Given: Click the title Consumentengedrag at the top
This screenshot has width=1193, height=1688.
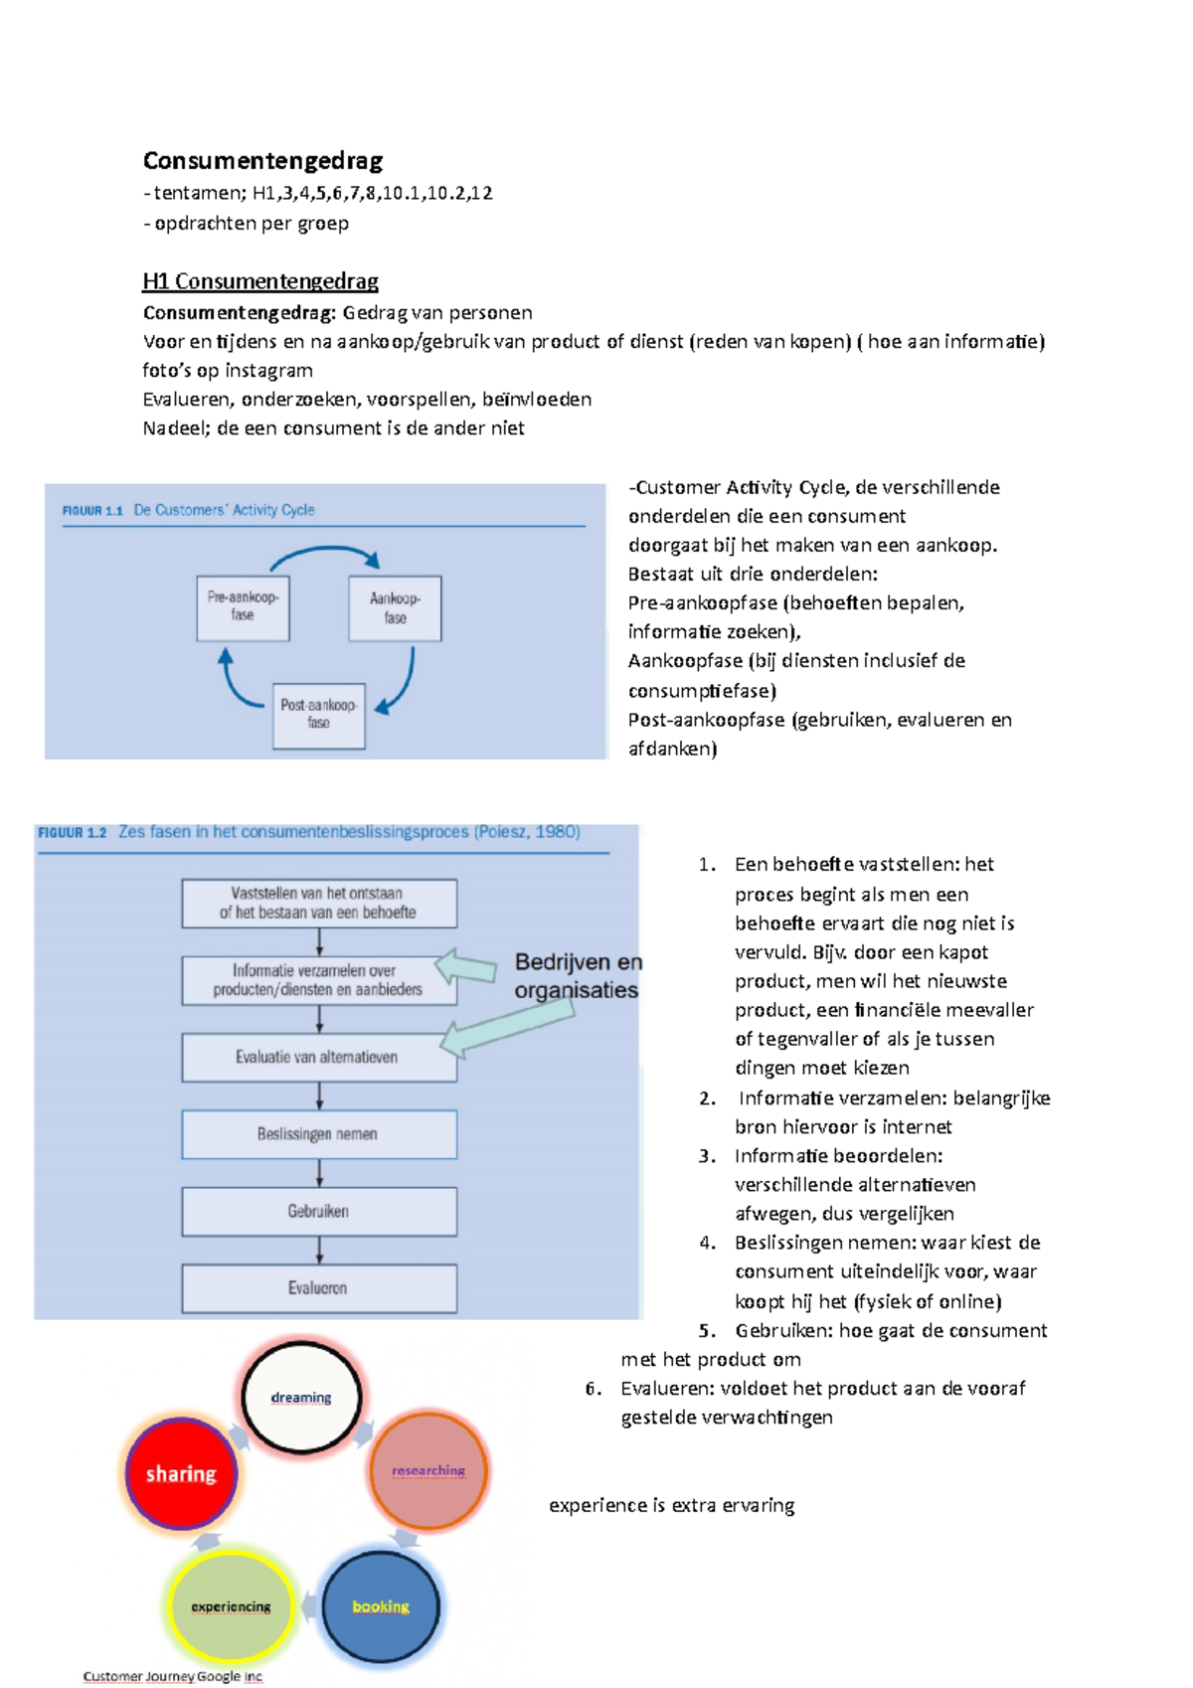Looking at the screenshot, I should pyautogui.click(x=262, y=160).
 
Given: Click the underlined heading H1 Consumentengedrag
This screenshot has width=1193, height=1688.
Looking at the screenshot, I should pyautogui.click(x=260, y=281).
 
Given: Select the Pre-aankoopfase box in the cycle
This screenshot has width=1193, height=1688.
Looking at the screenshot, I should pyautogui.click(x=243, y=607).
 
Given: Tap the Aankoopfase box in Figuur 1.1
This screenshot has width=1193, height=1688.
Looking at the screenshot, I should pyautogui.click(x=395, y=608).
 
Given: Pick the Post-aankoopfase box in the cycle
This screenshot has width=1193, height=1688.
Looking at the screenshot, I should pyautogui.click(x=318, y=715).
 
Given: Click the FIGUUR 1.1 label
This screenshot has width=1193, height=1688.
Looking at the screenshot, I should pyautogui.click(x=91, y=511).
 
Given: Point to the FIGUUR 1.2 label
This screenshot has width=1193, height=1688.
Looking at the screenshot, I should pyautogui.click(x=72, y=833).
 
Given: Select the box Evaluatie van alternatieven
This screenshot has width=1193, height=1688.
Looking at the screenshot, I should pyautogui.click(x=318, y=1057).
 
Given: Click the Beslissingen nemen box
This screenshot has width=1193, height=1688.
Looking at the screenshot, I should pyautogui.click(x=318, y=1134).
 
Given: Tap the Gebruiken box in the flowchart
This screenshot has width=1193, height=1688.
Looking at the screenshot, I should pyautogui.click(x=318, y=1211).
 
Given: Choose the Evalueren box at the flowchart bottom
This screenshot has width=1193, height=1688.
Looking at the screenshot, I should pyautogui.click(x=318, y=1288).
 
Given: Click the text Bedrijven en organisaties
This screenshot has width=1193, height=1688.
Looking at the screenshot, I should pyautogui.click(x=578, y=976).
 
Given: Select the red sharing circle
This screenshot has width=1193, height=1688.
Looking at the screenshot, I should pyautogui.click(x=181, y=1474).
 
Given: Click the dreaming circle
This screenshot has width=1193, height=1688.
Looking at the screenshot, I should pyautogui.click(x=301, y=1398).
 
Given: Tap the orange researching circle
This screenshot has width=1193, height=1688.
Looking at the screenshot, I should pyautogui.click(x=428, y=1470).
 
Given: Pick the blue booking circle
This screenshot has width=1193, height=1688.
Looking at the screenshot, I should pyautogui.click(x=381, y=1606).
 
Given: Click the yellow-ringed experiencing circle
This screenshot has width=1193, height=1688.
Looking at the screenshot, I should pyautogui.click(x=231, y=1606).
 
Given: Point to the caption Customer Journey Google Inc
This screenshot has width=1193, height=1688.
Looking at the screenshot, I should pyautogui.click(x=173, y=1676).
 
